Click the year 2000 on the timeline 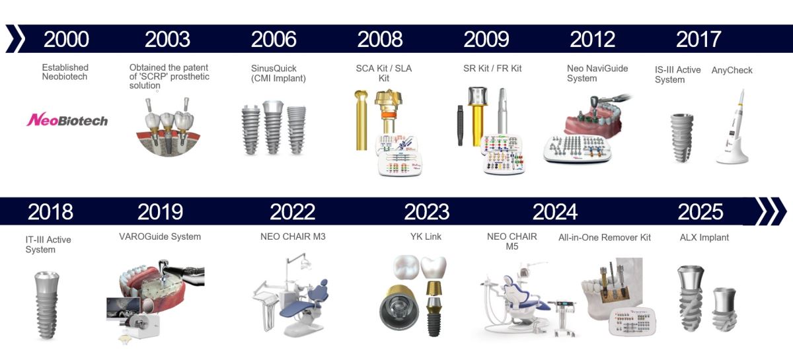click(x=66, y=39)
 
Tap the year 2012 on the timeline click(x=592, y=39)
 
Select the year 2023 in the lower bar click(x=427, y=211)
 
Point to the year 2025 click(x=700, y=211)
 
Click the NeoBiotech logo click(x=67, y=120)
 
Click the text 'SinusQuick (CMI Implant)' click(x=278, y=73)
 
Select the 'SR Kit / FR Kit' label click(x=492, y=68)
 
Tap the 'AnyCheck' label click(x=732, y=70)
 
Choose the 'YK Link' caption click(x=426, y=236)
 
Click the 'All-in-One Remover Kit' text click(x=605, y=237)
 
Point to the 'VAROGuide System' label click(x=160, y=236)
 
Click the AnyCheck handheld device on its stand click(x=733, y=127)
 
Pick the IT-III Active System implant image click(x=47, y=305)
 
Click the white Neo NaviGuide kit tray click(x=577, y=149)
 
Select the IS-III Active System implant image click(x=682, y=137)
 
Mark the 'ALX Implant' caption click(x=704, y=238)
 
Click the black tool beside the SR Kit click(x=460, y=125)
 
